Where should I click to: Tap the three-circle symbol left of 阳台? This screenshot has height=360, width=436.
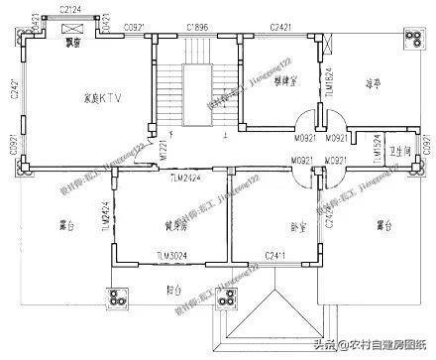pos(120,298)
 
